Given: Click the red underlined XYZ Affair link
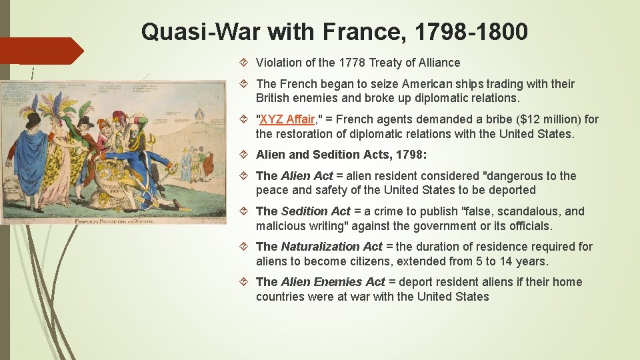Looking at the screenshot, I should pyautogui.click(x=287, y=119).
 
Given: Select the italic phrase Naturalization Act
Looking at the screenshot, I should pyautogui.click(x=331, y=247).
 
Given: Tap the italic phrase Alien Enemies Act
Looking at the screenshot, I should pyautogui.click(x=333, y=282).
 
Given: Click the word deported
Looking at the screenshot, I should pyautogui.click(x=512, y=190).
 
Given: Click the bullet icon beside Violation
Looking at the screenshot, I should pyautogui.click(x=245, y=63).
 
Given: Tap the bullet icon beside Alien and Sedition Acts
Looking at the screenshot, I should pyautogui.click(x=245, y=155).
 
